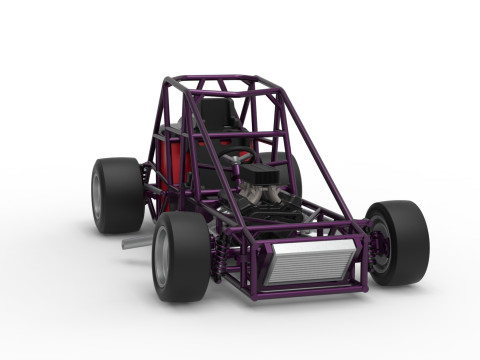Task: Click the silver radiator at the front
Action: click(x=310, y=263)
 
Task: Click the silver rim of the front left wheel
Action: click(x=161, y=259)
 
